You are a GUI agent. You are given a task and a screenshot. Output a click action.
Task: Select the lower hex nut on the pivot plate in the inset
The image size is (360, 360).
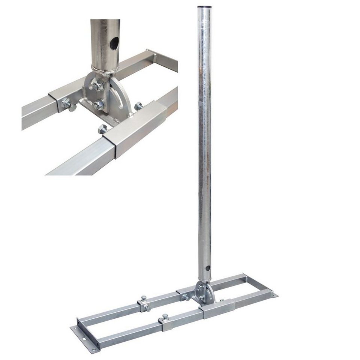click(x=98, y=106)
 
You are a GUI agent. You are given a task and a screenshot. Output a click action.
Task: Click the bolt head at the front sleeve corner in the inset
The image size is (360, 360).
click(x=102, y=129)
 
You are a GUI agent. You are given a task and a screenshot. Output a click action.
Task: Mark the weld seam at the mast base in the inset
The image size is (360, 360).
click(x=105, y=69)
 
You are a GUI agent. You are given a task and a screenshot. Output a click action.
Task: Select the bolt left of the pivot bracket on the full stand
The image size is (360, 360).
click(x=184, y=297)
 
